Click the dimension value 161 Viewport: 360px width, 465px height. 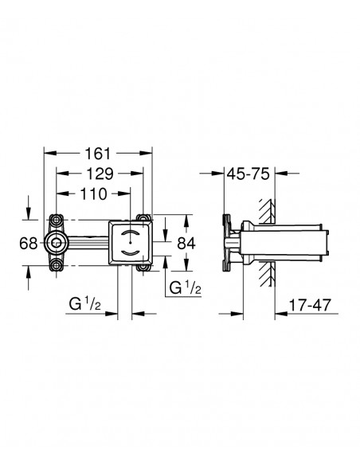97,154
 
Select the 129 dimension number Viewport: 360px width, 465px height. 100,174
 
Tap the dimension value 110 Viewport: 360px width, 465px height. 93,194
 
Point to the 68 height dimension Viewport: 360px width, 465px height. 28,244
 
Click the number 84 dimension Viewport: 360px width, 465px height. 186,244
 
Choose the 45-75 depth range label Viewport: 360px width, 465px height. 248,174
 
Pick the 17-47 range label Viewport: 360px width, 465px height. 309,305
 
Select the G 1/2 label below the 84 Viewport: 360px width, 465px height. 185,287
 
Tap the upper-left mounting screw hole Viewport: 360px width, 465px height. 56,220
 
